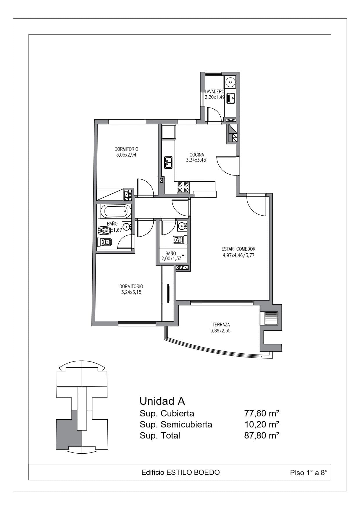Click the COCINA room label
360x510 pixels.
[197, 155]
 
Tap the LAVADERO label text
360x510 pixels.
[215, 92]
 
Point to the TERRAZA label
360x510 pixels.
[221, 325]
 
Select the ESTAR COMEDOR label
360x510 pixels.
[238, 249]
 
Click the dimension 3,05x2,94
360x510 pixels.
[126, 155]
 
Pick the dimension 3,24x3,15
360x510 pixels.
[131, 292]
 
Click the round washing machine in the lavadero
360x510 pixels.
[231, 82]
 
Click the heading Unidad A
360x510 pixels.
[162, 401]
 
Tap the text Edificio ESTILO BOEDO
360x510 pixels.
[181, 473]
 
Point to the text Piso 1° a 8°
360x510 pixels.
[309, 473]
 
